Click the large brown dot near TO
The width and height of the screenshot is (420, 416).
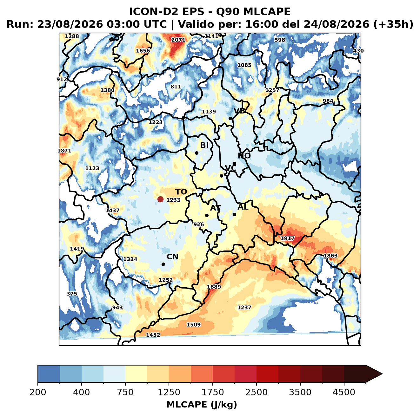160,199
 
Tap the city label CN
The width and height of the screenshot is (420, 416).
172,257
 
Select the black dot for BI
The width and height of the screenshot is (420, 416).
197,153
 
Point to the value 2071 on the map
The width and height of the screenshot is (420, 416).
178,40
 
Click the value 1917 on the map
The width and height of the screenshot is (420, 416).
287,238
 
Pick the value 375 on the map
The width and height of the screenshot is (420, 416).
72,294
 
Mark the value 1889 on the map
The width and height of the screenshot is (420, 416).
214,287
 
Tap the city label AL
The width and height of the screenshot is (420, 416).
243,207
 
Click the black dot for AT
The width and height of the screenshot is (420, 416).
207,216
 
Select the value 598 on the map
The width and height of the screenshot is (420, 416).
280,40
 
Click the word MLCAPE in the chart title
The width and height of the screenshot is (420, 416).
267,11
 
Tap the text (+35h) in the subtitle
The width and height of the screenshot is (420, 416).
393,24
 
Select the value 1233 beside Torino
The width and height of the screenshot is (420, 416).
173,200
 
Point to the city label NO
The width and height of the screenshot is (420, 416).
244,156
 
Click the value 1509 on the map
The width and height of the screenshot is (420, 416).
194,325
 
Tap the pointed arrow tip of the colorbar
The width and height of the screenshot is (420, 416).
383,374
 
